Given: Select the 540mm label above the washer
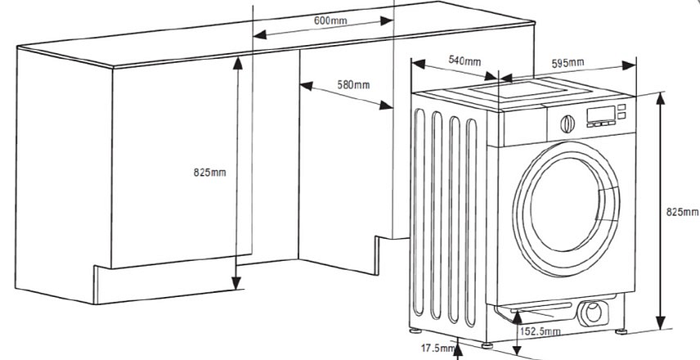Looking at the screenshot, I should coord(464,61).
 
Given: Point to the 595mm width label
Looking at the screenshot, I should coord(568,63).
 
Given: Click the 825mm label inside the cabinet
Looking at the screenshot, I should coord(209,172).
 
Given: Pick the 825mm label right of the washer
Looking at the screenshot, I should coord(682,211).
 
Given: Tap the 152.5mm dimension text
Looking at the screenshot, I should coord(541,331).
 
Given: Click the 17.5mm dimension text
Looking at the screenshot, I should coord(437,348).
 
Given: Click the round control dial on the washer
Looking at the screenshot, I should coord(566,124).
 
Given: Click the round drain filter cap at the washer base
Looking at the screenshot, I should coord(591,311).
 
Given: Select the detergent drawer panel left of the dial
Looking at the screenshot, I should coord(523,124).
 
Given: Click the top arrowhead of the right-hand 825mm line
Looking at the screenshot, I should coord(661,97).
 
